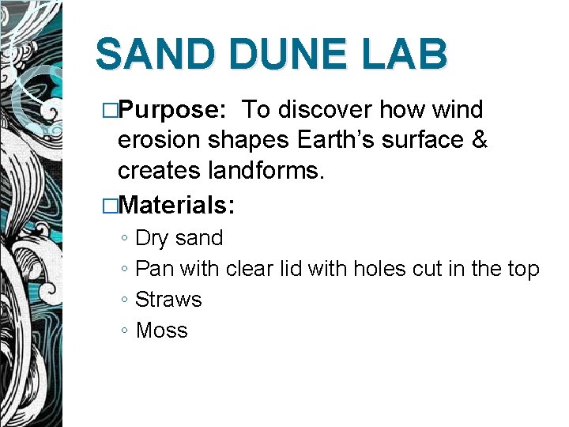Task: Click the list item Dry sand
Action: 179,238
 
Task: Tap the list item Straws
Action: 168,300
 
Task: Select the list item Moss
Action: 161,331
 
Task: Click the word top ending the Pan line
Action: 523,270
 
